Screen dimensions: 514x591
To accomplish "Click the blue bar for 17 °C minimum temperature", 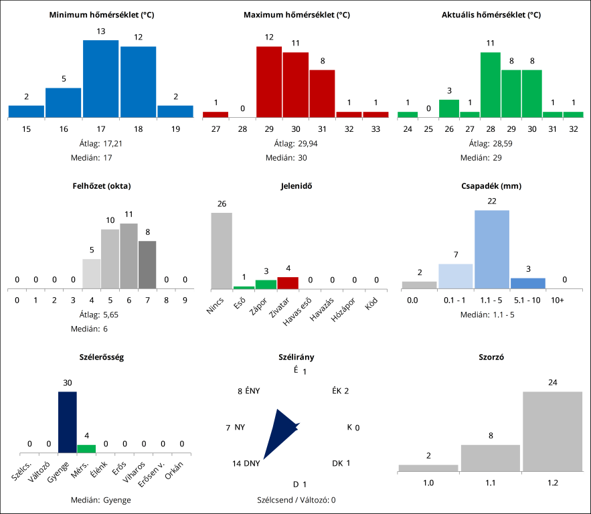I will click(x=101, y=78).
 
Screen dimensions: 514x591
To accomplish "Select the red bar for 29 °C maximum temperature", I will click(x=269, y=82).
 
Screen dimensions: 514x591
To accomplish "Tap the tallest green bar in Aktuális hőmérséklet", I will click(x=491, y=84).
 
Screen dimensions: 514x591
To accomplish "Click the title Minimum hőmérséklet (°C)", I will click(x=102, y=15).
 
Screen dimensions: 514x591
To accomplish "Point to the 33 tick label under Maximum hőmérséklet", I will click(x=375, y=128).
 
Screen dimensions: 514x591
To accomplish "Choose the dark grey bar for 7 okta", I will click(x=147, y=264).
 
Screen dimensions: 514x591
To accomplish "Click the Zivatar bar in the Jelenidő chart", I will click(x=288, y=283).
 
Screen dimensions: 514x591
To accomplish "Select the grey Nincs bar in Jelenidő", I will click(x=222, y=250).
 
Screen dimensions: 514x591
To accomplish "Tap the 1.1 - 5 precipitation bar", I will click(x=492, y=249).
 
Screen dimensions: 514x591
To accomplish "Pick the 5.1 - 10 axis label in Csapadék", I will click(x=527, y=301).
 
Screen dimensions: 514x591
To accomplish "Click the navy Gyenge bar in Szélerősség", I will click(x=67, y=422).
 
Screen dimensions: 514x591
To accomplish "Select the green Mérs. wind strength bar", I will click(x=86, y=448).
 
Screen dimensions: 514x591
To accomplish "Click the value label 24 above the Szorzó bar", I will click(x=552, y=382).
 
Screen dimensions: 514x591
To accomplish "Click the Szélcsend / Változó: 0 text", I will click(x=296, y=499).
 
